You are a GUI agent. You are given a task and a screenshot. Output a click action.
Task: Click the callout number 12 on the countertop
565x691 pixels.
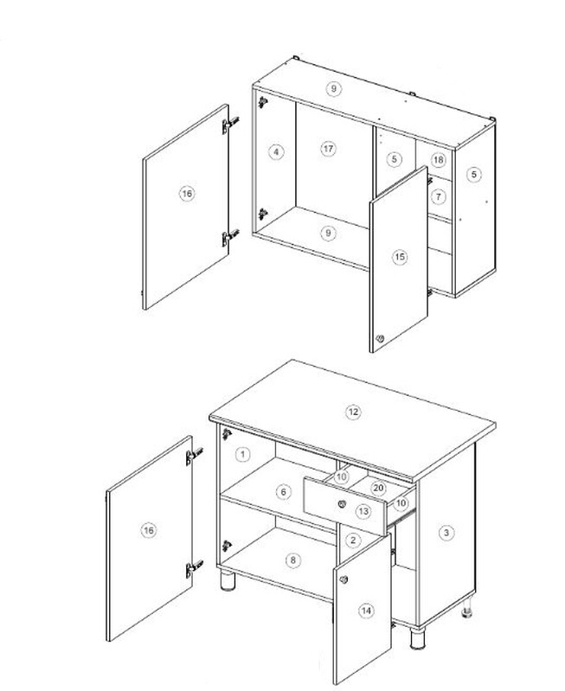pyautogui.click(x=353, y=412)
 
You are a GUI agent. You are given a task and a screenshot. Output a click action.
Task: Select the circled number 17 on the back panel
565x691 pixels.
pyautogui.click(x=328, y=149)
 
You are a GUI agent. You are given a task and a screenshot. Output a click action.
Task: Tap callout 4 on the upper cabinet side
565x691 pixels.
pyautogui.click(x=276, y=152)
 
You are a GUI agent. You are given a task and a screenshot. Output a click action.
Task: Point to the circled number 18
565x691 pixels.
pyautogui.click(x=438, y=159)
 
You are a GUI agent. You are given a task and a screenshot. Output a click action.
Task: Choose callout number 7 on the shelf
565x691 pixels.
pyautogui.click(x=438, y=196)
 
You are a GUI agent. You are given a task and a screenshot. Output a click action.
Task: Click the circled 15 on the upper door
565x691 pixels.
pyautogui.click(x=400, y=257)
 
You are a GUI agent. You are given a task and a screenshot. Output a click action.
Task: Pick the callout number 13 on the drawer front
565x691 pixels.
pyautogui.click(x=363, y=511)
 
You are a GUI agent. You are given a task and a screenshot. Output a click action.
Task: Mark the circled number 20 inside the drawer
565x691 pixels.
pyautogui.click(x=378, y=488)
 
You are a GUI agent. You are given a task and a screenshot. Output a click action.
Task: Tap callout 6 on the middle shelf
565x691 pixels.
pyautogui.click(x=284, y=492)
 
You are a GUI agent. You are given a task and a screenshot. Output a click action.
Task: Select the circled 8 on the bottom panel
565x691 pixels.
pyautogui.click(x=292, y=560)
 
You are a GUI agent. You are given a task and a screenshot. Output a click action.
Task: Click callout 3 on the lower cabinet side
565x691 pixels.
pyautogui.click(x=446, y=533)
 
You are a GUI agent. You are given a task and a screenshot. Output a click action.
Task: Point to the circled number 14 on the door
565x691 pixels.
pyautogui.click(x=366, y=611)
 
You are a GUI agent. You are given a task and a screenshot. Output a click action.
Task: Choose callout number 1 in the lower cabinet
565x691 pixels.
pyautogui.click(x=243, y=454)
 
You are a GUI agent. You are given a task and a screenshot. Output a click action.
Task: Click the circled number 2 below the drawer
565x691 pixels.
pyautogui.click(x=353, y=540)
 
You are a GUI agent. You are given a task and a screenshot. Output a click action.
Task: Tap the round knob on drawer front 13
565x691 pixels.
pyautogui.click(x=342, y=503)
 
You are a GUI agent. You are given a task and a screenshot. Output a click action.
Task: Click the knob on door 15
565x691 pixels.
pyautogui.click(x=380, y=339)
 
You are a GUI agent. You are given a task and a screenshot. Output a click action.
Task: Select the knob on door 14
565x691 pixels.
pyautogui.click(x=343, y=579)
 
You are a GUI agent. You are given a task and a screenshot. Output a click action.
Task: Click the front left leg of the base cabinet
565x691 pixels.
pyautogui.click(x=228, y=580)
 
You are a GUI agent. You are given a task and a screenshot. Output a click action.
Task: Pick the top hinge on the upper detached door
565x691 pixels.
pyautogui.click(x=230, y=125)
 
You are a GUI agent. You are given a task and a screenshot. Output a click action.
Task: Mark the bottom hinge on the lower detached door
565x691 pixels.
pyautogui.click(x=194, y=568)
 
